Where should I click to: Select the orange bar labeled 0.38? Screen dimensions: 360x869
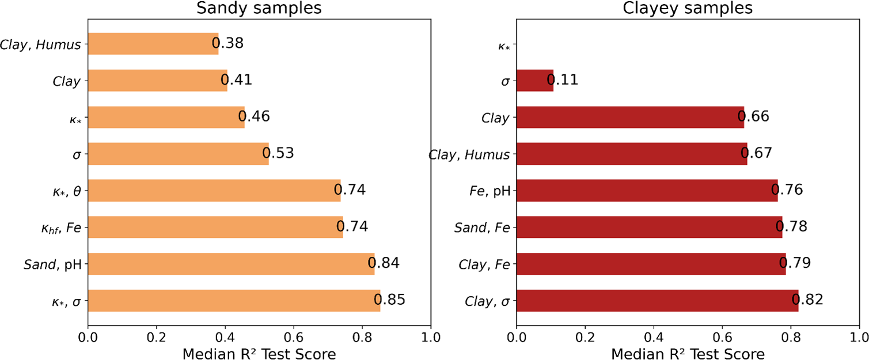point(153,44)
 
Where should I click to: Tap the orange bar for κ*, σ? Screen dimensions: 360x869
point(234,301)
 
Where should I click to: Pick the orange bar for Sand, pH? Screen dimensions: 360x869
point(231,264)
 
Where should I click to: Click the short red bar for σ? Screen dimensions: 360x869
point(535,81)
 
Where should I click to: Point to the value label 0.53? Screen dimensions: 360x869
point(278,154)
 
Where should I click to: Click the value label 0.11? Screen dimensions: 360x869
point(562,81)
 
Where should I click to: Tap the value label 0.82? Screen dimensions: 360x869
point(807,300)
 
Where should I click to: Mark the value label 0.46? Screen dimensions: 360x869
point(254,117)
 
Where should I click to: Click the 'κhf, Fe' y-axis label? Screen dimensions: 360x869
point(56,228)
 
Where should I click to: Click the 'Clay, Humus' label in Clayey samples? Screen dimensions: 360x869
point(469,154)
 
